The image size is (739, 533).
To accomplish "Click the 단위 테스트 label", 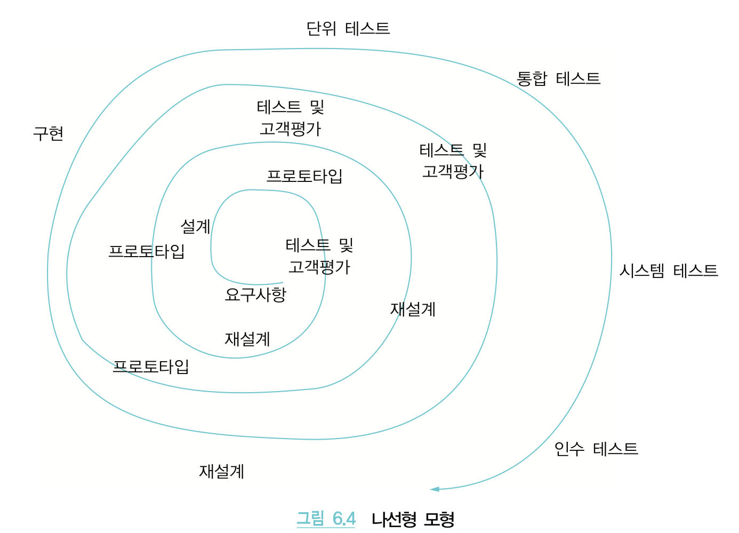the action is pyautogui.click(x=348, y=28).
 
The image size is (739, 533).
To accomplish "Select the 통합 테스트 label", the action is pyautogui.click(x=558, y=78).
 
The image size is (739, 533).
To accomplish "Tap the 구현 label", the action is pyautogui.click(x=49, y=133).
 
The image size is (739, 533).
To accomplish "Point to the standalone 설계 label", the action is pyautogui.click(x=195, y=226).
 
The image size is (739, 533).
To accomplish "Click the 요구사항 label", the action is pyautogui.click(x=255, y=295).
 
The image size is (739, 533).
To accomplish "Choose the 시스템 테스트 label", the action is pyautogui.click(x=668, y=271).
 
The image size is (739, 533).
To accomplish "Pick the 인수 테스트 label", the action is pyautogui.click(x=596, y=449).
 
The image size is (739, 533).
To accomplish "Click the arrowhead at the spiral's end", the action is pyautogui.click(x=435, y=489).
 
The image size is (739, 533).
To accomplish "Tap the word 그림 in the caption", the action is pyautogui.click(x=310, y=518).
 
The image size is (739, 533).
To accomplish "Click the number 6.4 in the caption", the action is pyautogui.click(x=344, y=518).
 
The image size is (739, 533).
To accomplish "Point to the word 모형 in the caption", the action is pyautogui.click(x=440, y=519).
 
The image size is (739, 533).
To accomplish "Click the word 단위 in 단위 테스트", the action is pyautogui.click(x=321, y=28).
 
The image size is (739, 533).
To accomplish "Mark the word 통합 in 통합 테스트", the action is pyautogui.click(x=532, y=78).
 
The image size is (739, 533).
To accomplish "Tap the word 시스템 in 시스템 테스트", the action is pyautogui.click(x=642, y=271).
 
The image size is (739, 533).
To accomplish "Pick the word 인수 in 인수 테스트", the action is pyautogui.click(x=569, y=449).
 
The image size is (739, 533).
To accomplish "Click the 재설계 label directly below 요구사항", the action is pyautogui.click(x=247, y=339).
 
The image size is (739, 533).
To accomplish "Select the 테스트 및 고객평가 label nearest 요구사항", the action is pyautogui.click(x=319, y=256).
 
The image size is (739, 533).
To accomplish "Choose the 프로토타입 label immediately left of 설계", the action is pyautogui.click(x=147, y=251).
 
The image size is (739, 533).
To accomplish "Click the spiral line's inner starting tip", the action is pyautogui.click(x=283, y=283).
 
